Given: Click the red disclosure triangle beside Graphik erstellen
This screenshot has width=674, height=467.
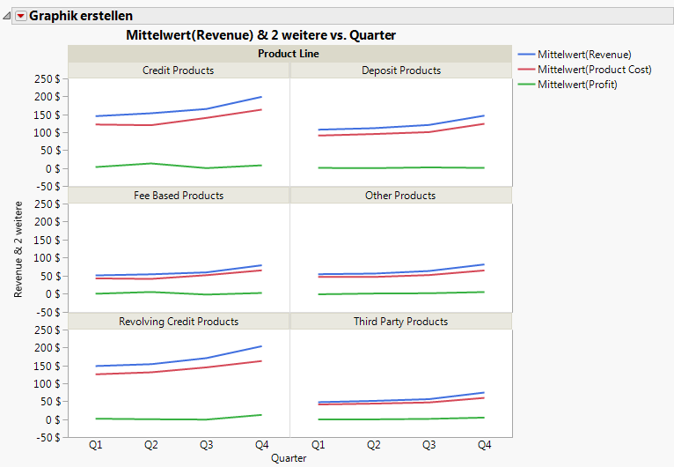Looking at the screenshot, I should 21,15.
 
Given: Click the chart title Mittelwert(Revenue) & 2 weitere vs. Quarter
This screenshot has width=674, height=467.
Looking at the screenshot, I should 260,35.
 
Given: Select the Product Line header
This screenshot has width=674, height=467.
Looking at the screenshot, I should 289,54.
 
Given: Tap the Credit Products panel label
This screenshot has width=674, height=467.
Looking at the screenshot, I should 178,70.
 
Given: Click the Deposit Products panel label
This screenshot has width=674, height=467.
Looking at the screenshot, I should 400,70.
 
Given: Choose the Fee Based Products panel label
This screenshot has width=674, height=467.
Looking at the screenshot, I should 178,196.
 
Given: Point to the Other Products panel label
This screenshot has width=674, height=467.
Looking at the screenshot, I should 400,196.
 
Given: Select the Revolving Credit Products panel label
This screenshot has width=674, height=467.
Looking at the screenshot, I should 178,322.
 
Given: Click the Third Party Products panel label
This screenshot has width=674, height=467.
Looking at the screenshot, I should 400,322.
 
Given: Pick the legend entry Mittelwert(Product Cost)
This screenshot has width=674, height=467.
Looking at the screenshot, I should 594,70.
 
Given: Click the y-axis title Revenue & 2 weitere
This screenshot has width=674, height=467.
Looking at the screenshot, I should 18,248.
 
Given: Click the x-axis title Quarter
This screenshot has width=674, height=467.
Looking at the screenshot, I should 289,458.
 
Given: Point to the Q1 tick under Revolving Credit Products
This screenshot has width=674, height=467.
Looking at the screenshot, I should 96,446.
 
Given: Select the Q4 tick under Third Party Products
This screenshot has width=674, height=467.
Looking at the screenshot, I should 484,446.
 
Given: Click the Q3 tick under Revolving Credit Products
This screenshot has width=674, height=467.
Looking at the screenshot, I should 207,446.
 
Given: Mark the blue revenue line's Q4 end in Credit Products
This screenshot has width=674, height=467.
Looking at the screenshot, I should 261,97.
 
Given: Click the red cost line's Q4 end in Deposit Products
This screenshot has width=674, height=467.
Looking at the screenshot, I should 484,123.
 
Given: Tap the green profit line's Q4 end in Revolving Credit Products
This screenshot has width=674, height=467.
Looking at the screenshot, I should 261,415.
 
